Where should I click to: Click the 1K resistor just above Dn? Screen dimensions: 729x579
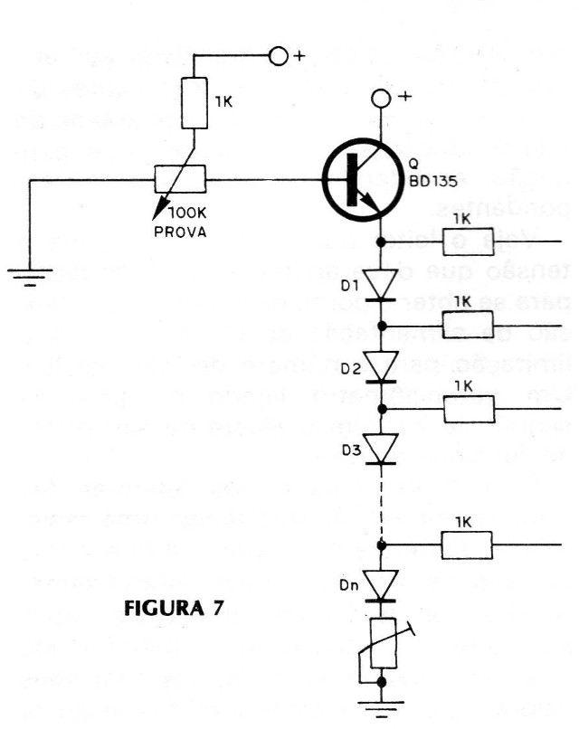tap(468, 545)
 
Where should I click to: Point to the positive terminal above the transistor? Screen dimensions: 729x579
tap(384, 98)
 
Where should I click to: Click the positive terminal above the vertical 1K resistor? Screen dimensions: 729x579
tap(279, 57)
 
